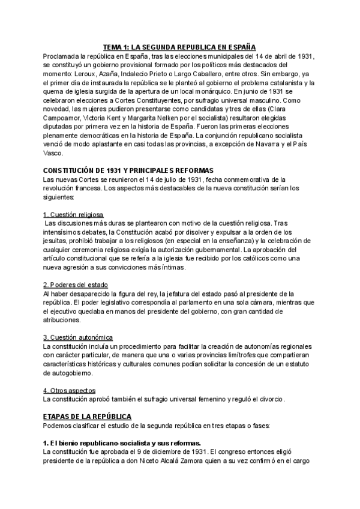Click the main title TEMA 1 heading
179,46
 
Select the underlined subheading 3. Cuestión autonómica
78,337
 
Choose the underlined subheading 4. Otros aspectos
70,390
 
